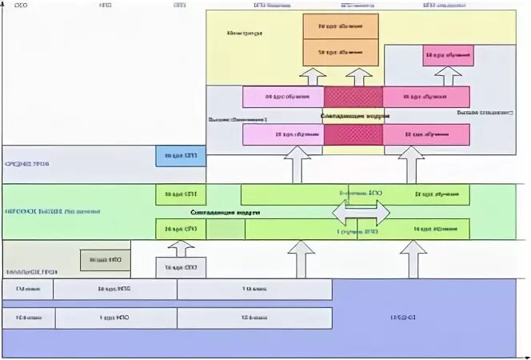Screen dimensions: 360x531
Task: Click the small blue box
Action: point(181,155)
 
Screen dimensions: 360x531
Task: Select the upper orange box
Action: point(339,26)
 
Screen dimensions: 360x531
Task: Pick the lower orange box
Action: point(339,53)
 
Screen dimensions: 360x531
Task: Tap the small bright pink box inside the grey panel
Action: point(448,55)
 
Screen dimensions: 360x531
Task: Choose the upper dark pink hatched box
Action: point(353,97)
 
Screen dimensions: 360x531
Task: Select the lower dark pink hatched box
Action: point(353,135)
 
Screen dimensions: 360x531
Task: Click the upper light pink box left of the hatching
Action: point(283,97)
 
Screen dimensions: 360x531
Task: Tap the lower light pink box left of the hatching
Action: point(283,135)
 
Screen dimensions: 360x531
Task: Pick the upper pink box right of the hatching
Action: point(425,97)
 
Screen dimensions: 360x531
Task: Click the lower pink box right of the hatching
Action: point(425,135)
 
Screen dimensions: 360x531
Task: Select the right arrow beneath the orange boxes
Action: point(360,76)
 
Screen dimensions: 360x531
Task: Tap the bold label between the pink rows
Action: point(355,116)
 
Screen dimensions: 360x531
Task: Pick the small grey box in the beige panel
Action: point(106,261)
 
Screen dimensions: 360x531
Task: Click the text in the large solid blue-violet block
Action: point(400,318)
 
